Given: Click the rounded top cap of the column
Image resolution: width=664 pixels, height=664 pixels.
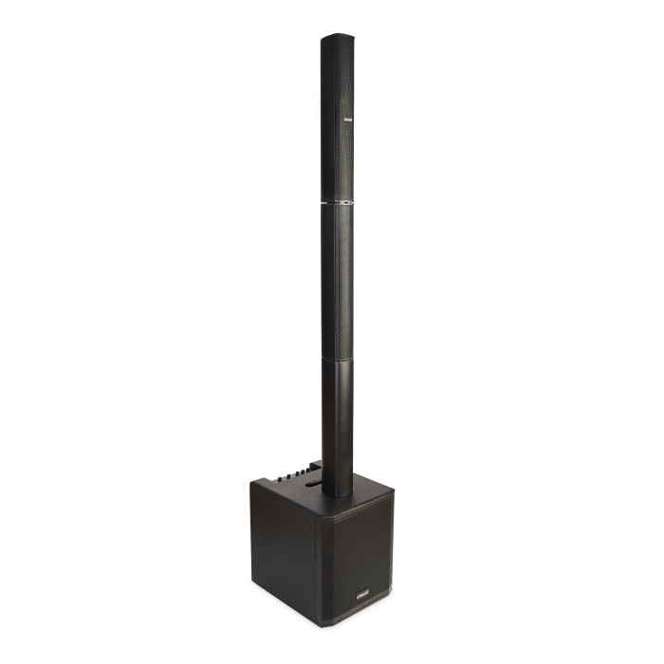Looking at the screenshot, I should coord(337,39).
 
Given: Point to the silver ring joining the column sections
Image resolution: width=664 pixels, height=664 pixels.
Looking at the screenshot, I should coord(337,202).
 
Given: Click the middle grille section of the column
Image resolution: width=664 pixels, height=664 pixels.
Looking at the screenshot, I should coord(337,280).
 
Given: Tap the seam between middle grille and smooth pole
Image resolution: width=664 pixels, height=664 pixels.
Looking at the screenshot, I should coord(337,358).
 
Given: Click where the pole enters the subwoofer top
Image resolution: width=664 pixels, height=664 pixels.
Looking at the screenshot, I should coord(337,492).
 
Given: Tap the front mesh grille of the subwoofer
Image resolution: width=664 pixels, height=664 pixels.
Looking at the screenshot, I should coord(356,560).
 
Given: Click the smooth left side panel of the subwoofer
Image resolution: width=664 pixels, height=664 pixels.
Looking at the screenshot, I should coord(283,545).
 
